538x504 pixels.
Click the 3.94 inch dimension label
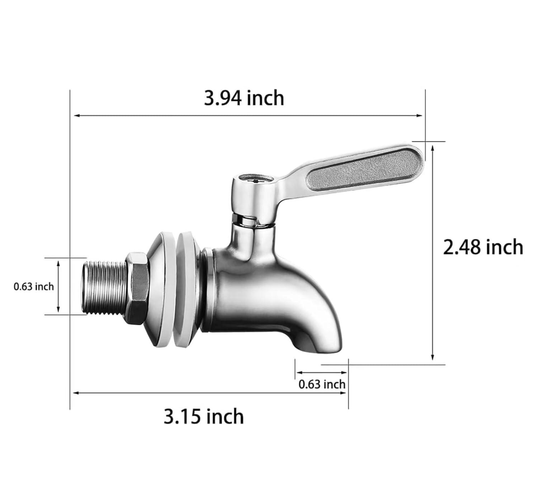click(244, 98)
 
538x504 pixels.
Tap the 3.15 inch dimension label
click(203, 416)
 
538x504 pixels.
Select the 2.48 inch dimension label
click(483, 247)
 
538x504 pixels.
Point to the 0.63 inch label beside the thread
click(34, 287)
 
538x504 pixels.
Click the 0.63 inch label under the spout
click(322, 384)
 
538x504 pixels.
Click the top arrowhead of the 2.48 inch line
click(433, 147)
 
